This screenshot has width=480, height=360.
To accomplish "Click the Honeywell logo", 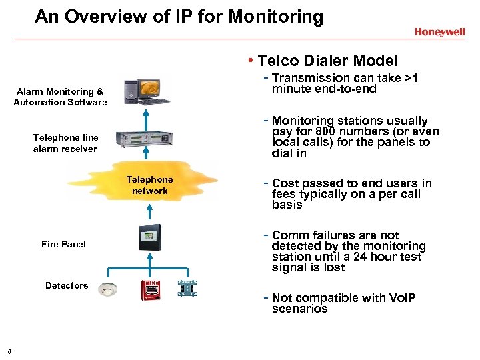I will [439, 31].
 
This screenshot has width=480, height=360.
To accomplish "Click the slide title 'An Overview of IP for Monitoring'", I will [179, 16].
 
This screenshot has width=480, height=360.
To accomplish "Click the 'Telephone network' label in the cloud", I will [149, 185].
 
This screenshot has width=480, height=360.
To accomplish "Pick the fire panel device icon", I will [149, 238].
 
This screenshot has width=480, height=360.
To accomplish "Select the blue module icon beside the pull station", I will [187, 289].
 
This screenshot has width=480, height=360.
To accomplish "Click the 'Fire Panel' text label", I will [63, 244].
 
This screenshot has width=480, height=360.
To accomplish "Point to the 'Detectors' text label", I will [67, 285].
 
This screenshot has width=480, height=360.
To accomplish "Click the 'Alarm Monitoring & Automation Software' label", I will [60, 97].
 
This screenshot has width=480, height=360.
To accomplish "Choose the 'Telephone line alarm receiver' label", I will [65, 143].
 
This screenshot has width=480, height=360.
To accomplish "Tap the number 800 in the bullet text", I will [325, 131].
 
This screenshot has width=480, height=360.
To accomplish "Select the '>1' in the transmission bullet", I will [411, 78].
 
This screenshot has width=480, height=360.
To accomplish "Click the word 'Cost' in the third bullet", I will [285, 183].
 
